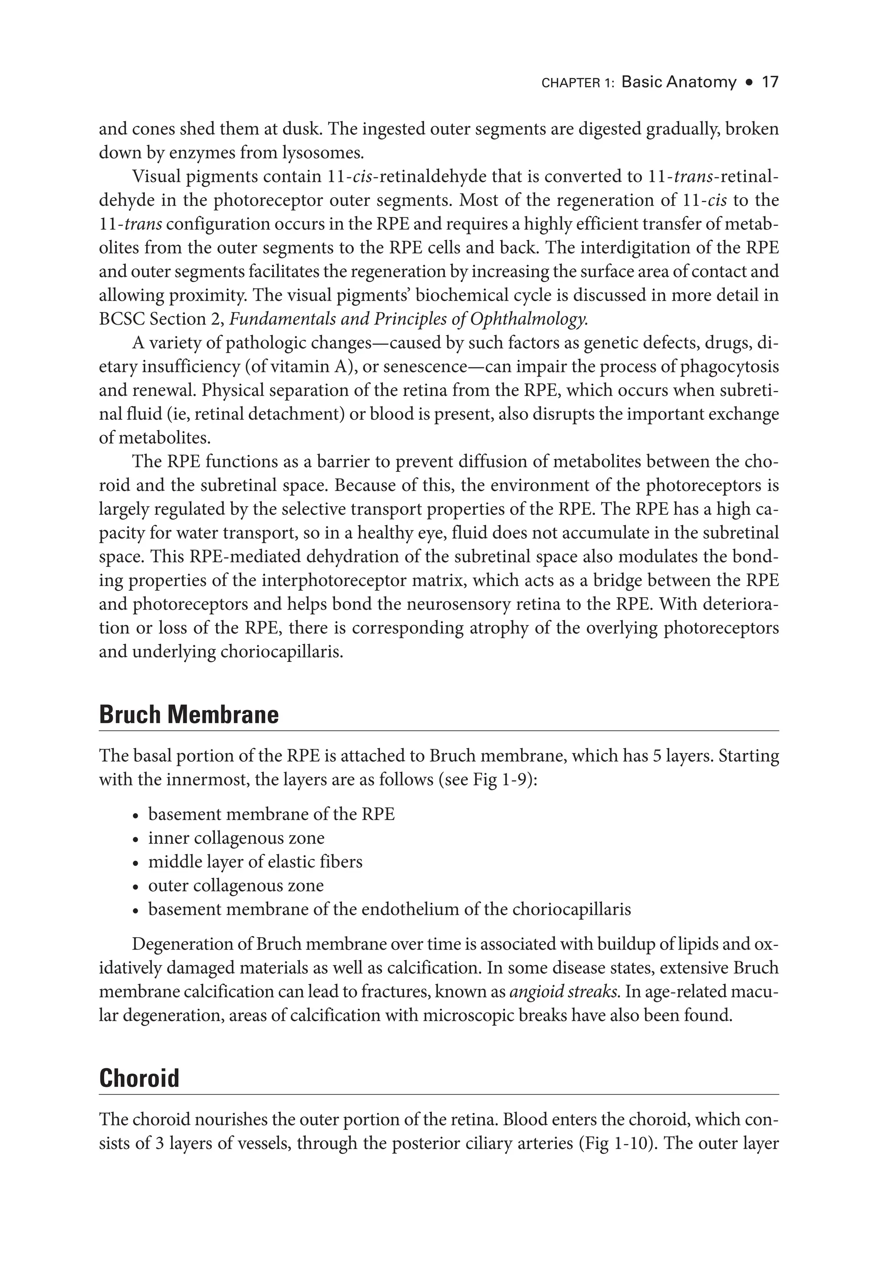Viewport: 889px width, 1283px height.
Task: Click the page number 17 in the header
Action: (769, 82)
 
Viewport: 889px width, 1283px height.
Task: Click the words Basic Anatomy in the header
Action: (678, 82)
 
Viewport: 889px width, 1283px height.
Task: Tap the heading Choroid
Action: (139, 1078)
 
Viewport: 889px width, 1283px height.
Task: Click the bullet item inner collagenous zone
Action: (236, 838)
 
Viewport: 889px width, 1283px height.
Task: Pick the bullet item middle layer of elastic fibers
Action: (255, 862)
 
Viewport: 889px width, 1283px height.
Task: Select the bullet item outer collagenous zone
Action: (236, 886)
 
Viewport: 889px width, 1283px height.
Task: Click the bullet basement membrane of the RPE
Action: (271, 814)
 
